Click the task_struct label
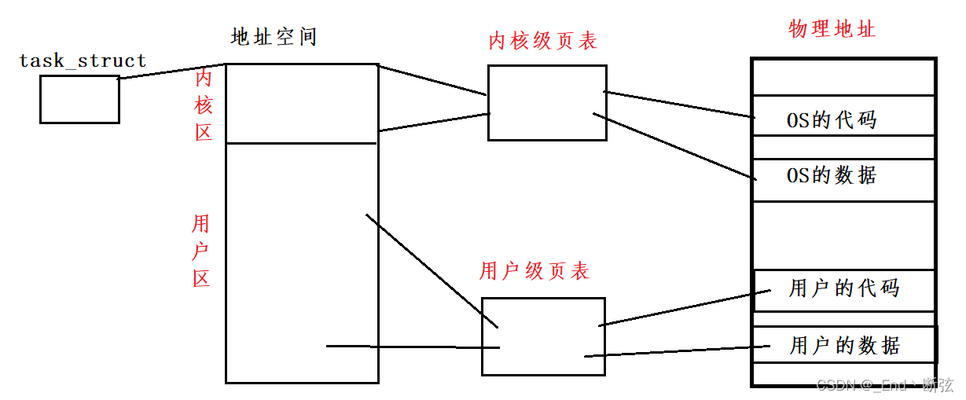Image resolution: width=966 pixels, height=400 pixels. [83, 61]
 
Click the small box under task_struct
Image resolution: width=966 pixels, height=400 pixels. [79, 100]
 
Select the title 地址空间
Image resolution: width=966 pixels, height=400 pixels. [274, 37]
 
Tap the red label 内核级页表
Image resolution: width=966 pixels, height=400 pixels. [542, 41]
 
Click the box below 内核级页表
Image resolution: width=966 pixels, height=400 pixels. [547, 103]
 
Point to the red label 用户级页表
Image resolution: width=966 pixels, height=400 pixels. [534, 272]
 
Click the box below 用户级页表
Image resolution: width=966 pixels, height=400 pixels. [543, 336]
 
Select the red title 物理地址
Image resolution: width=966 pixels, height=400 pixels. [832, 30]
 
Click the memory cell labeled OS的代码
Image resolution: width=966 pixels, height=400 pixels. [843, 120]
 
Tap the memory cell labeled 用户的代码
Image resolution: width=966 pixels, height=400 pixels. [843, 289]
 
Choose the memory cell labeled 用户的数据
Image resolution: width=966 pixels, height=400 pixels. [843, 345]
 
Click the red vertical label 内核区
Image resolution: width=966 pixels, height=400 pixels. [204, 105]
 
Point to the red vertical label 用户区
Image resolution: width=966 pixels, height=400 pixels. [201, 251]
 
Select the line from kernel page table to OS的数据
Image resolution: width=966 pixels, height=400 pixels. [674, 147]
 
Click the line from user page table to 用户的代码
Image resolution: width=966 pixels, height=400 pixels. [677, 307]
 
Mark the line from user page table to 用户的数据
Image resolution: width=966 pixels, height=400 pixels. [668, 351]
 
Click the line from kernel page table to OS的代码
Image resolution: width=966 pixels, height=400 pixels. [678, 105]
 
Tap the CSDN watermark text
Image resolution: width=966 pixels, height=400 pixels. [884, 385]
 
